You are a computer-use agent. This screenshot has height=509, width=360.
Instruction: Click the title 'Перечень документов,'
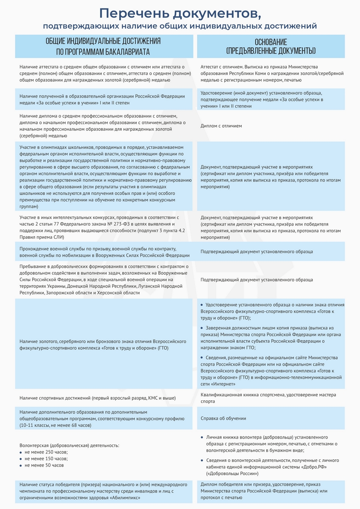click(x=180, y=13)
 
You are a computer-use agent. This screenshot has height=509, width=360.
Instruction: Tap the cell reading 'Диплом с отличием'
click(x=221, y=126)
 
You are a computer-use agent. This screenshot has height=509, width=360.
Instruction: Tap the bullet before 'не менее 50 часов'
click(x=21, y=465)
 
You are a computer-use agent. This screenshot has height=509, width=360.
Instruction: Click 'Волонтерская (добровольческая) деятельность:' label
click(x=70, y=445)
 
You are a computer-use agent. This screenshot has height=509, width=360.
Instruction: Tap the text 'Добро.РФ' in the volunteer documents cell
click(x=314, y=467)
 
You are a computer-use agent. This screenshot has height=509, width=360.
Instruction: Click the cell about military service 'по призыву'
click(x=104, y=252)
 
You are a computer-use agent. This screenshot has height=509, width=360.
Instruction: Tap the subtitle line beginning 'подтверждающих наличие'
click(x=180, y=26)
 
